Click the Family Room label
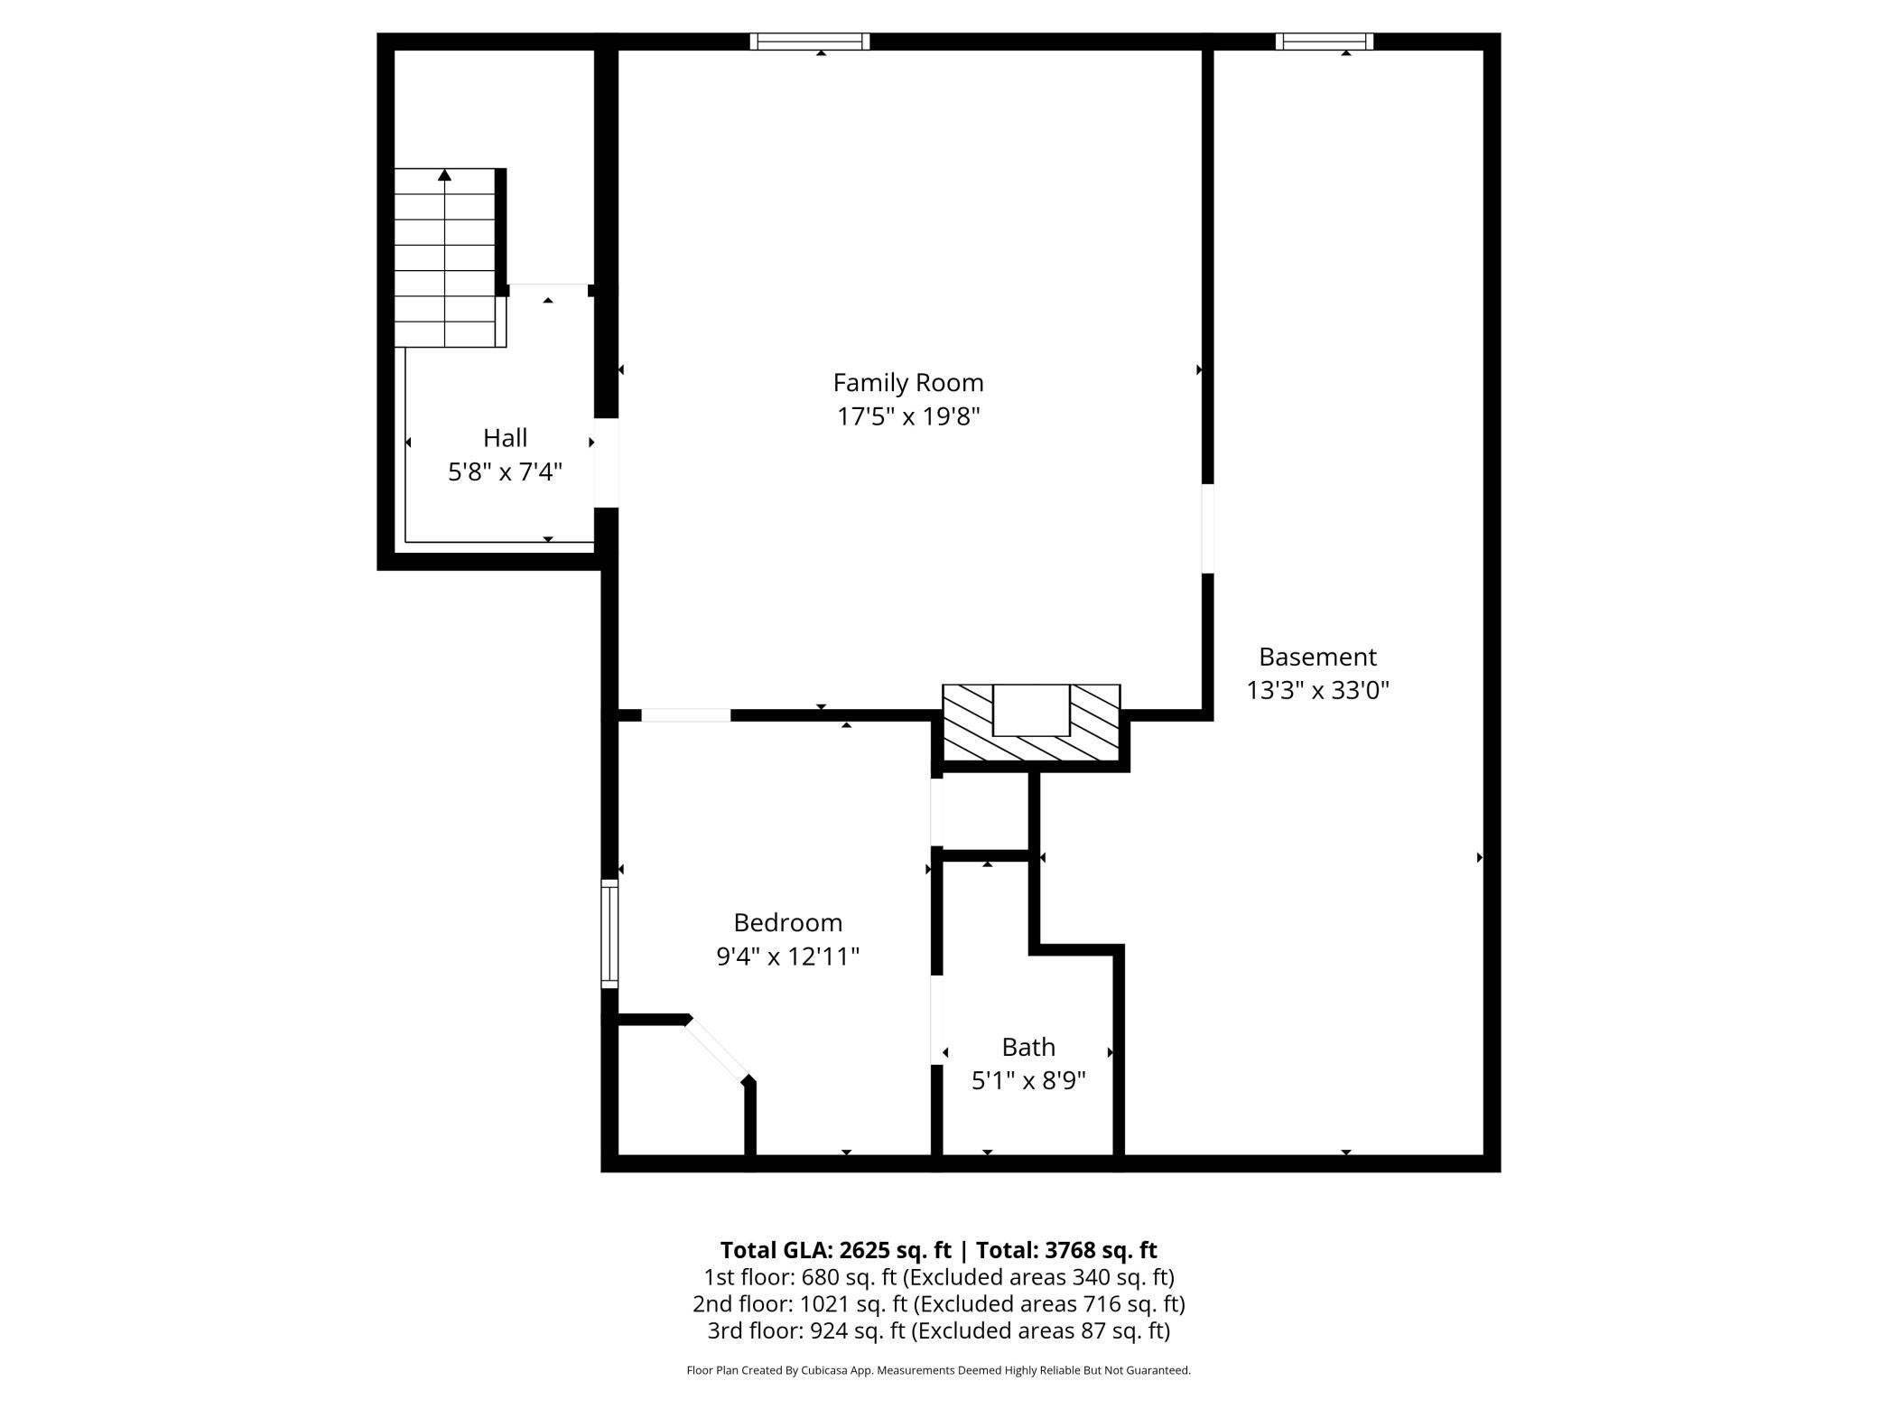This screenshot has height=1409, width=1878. pyautogui.click(x=907, y=383)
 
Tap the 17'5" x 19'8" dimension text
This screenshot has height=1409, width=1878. pyautogui.click(x=907, y=417)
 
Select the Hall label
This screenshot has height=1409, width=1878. pyautogui.click(x=505, y=438)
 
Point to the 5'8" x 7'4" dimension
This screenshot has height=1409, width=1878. pyautogui.click(x=505, y=472)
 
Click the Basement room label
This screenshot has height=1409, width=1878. pyautogui.click(x=1317, y=657)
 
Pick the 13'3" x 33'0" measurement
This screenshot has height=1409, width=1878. pyautogui.click(x=1317, y=691)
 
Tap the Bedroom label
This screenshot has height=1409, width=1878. pyautogui.click(x=787, y=922)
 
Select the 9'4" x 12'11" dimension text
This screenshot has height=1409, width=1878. pyautogui.click(x=787, y=956)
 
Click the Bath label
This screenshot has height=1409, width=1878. pyautogui.click(x=1028, y=1047)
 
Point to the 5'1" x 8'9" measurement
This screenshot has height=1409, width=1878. pyautogui.click(x=1028, y=1081)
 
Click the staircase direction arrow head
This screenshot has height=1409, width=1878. pyautogui.click(x=444, y=175)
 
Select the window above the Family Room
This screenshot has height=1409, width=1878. pyautogui.click(x=809, y=42)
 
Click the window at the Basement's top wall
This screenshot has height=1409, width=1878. pyautogui.click(x=1324, y=42)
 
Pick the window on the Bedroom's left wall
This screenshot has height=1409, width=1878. pyautogui.click(x=610, y=934)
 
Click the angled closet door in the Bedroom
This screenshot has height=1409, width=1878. pyautogui.click(x=718, y=1049)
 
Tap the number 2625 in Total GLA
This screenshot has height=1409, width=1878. pyautogui.click(x=868, y=1250)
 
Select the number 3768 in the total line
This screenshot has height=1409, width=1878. pyautogui.click(x=1073, y=1250)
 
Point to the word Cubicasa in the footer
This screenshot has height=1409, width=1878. pyautogui.click(x=824, y=1370)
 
